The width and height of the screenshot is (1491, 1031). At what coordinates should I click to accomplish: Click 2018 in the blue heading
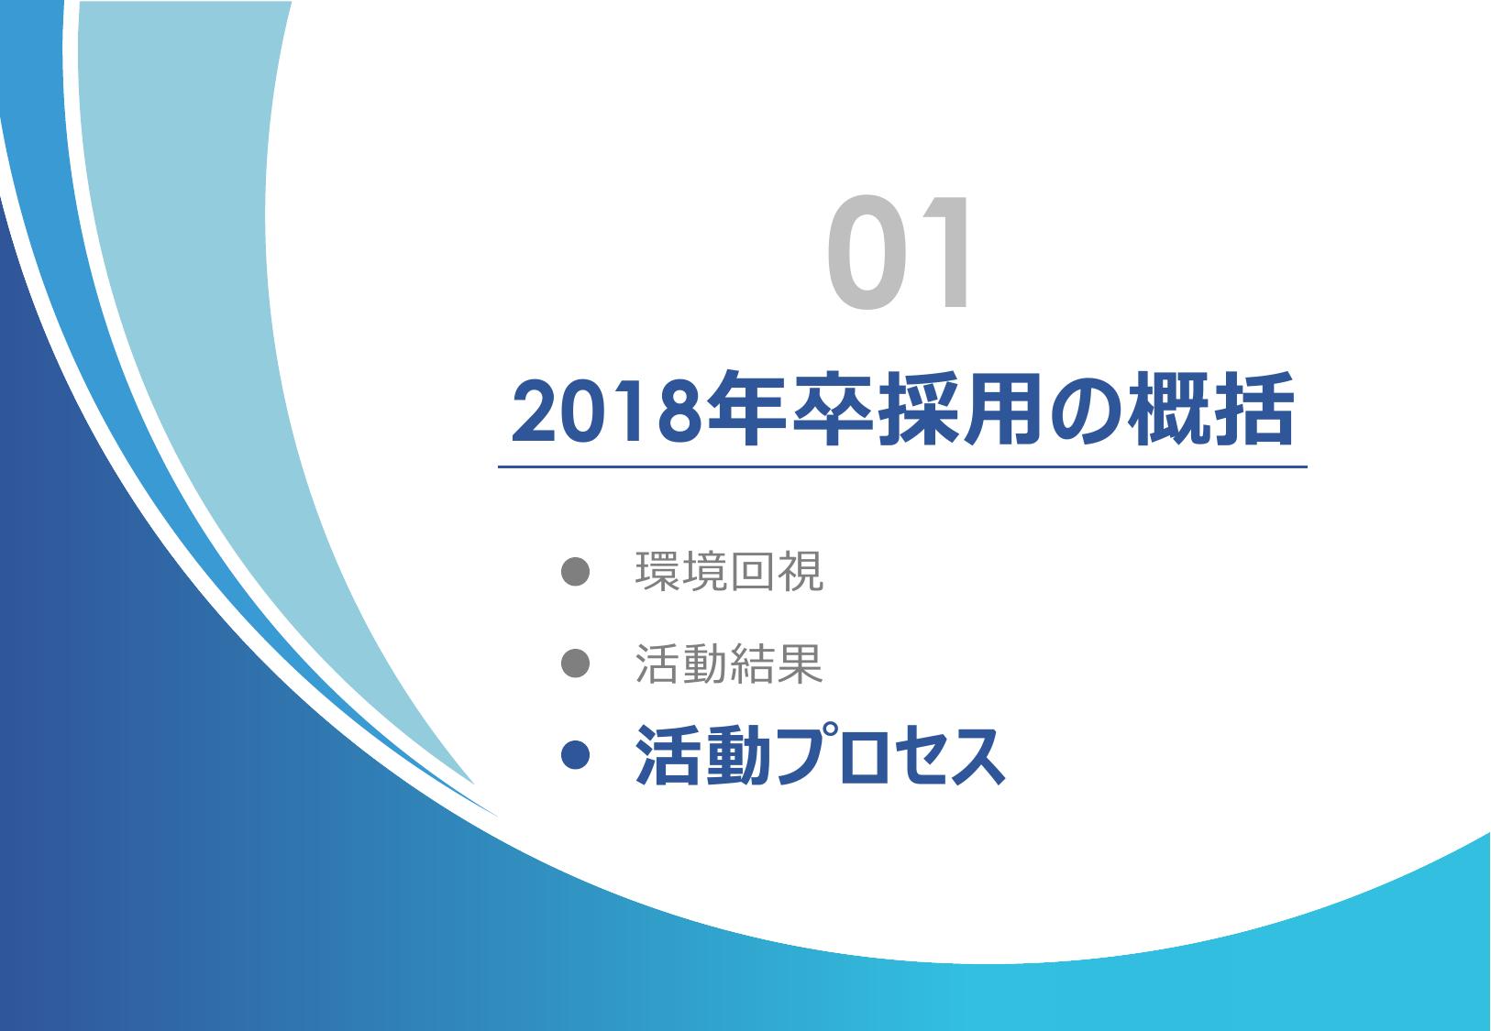[606, 411]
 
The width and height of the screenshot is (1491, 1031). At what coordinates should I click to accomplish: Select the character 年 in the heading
[745, 409]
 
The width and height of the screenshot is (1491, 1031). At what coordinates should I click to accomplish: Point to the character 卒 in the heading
[832, 409]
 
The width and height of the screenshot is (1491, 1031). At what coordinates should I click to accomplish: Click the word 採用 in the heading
[960, 409]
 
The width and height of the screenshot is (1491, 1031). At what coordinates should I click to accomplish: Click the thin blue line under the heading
[902, 467]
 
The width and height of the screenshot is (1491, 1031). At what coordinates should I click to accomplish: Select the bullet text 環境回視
[730, 571]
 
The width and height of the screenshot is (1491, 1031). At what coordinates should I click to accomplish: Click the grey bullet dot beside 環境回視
[575, 571]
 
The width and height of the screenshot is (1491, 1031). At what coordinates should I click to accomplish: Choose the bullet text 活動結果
[730, 664]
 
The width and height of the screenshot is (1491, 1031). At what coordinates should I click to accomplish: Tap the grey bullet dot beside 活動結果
[575, 664]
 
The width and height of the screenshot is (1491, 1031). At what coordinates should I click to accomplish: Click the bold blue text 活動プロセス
[820, 755]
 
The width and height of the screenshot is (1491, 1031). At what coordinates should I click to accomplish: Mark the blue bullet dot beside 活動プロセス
[575, 756]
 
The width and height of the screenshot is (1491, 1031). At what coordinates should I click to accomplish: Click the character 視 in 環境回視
[801, 571]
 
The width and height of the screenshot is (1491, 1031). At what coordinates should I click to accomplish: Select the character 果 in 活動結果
[801, 664]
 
